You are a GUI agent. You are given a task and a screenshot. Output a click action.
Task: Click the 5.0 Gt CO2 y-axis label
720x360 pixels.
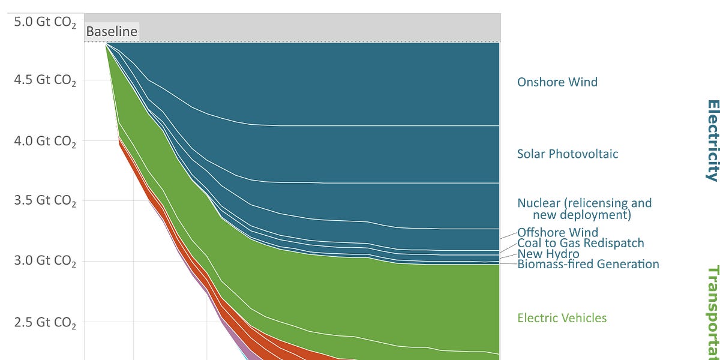pos(45,22)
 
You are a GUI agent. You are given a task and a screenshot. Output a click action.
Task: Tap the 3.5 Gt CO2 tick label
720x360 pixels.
pos(45,201)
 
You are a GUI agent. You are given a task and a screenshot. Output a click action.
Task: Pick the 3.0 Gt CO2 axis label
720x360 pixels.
pos(45,262)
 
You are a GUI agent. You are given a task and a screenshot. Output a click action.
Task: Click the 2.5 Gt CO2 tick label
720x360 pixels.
pos(45,323)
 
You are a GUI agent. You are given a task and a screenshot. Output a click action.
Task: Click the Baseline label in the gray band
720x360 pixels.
pos(112,32)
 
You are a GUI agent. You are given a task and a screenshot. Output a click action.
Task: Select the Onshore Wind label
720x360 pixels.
pos(557,82)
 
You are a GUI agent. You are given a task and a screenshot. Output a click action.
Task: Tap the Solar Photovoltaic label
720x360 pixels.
pos(568,154)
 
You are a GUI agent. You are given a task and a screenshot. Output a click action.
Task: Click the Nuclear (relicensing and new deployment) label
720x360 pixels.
pos(584,209)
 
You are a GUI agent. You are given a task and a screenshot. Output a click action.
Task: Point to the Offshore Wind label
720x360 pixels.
pos(557,232)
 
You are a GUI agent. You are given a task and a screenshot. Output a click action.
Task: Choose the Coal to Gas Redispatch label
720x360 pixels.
pos(580,243)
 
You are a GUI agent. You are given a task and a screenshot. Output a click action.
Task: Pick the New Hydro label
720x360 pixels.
pos(548,254)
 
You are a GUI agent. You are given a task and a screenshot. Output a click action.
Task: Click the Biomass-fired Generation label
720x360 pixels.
pos(588,264)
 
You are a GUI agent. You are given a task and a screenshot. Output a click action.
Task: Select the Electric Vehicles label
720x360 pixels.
pos(562,318)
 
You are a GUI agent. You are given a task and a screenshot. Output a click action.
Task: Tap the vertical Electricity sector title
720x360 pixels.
pos(712,140)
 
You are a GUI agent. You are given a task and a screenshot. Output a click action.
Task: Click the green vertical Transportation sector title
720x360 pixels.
pos(712,312)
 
